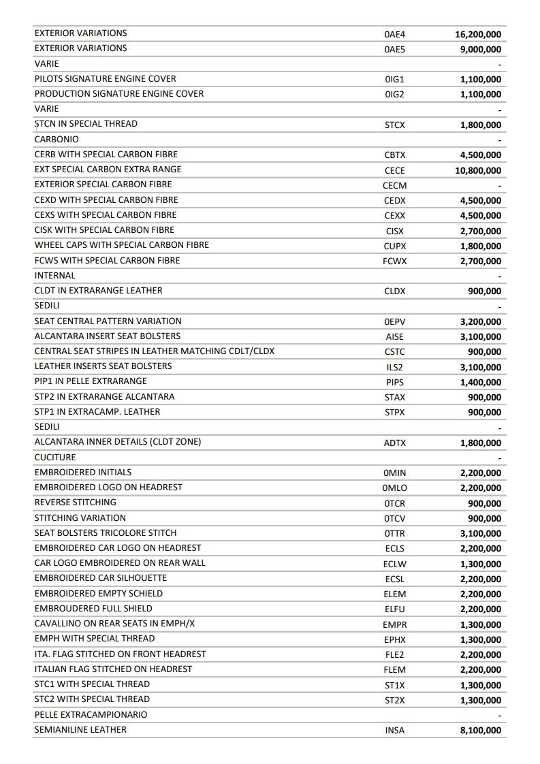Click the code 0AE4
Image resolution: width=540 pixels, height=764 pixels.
click(x=394, y=34)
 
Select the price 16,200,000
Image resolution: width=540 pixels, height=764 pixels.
click(x=478, y=34)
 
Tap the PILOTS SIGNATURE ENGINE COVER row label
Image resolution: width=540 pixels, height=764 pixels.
click(x=105, y=78)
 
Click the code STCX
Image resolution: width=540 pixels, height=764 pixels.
click(x=394, y=125)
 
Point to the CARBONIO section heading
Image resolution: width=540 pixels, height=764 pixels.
click(x=57, y=139)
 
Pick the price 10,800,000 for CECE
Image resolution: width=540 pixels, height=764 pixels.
click(x=478, y=171)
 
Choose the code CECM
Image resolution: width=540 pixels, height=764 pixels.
click(x=394, y=186)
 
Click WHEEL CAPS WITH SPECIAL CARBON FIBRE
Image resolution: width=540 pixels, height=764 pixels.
click(x=122, y=244)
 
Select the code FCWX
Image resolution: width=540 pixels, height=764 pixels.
click(x=394, y=261)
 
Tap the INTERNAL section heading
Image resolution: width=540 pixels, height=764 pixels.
click(x=55, y=275)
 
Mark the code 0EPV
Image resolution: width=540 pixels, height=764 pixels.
click(x=394, y=322)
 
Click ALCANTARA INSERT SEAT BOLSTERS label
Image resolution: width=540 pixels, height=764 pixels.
click(x=108, y=336)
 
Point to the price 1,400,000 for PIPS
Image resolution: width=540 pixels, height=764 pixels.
click(x=481, y=383)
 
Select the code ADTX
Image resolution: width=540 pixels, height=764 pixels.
click(x=394, y=443)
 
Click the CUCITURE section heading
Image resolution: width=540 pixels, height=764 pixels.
click(x=55, y=457)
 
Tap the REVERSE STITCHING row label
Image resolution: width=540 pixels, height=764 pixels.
click(x=75, y=502)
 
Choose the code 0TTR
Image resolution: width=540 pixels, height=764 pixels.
click(x=394, y=534)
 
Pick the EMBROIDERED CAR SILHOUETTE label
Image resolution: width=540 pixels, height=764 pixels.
click(x=101, y=577)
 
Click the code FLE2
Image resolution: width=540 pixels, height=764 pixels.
click(x=394, y=655)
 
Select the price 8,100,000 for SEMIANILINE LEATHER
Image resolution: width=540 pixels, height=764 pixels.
click(x=481, y=731)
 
